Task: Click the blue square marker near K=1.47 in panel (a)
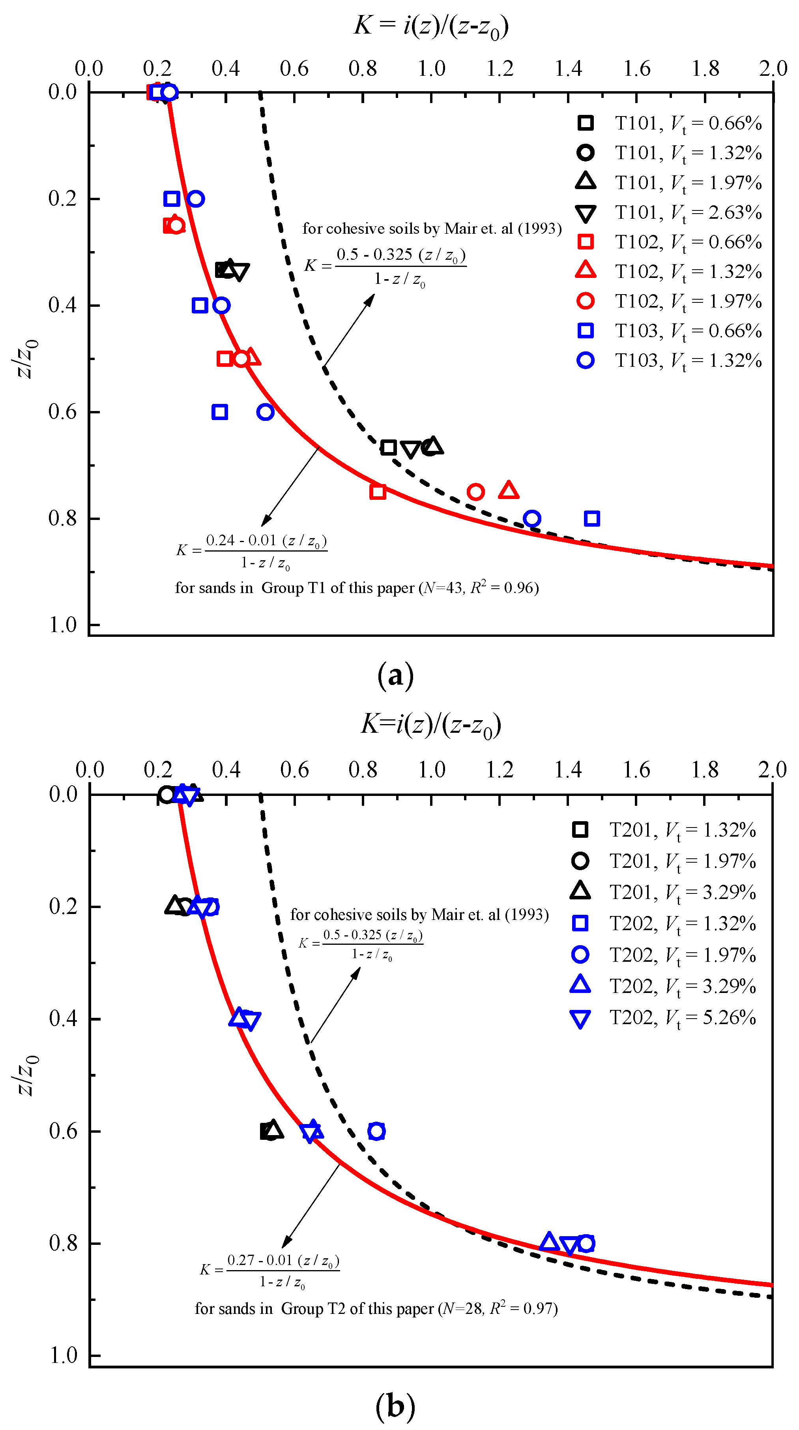click(x=591, y=518)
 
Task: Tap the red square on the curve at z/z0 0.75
click(x=377, y=491)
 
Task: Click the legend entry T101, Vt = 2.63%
click(x=688, y=213)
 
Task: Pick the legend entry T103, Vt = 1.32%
click(x=688, y=361)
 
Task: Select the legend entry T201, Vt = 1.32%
click(x=683, y=830)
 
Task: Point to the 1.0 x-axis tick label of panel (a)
click(x=431, y=69)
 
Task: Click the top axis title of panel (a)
click(x=431, y=26)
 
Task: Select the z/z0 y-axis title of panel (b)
click(x=25, y=1075)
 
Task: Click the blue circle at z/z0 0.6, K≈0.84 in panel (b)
click(x=376, y=1131)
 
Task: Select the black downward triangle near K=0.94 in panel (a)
click(x=411, y=449)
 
